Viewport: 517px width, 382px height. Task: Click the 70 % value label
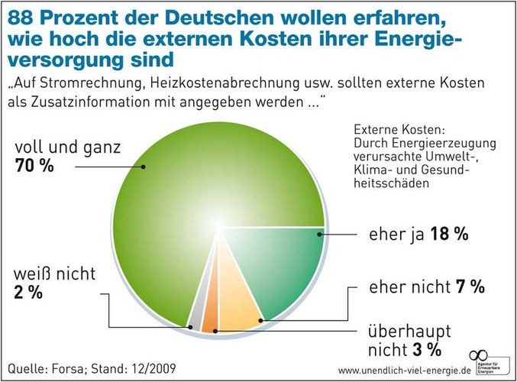[34, 164]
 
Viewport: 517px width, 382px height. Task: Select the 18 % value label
[449, 235]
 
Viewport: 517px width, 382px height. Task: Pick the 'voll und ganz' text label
[67, 146]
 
